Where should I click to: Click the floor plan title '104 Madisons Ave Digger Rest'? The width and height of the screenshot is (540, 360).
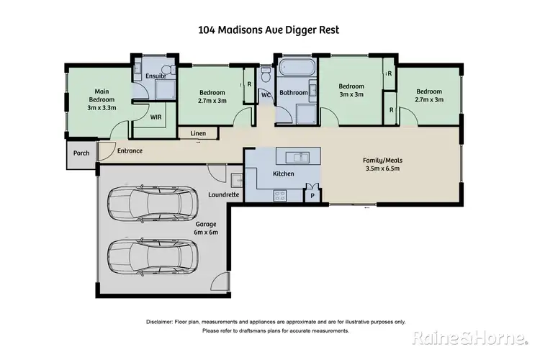268,30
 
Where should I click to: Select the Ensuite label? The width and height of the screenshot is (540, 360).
156,76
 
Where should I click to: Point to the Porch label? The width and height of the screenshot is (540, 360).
81,153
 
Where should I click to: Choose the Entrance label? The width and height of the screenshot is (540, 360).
130,150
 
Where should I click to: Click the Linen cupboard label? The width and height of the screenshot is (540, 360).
199,134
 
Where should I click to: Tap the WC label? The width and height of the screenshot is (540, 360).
266,94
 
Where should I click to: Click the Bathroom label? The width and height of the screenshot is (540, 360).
294,92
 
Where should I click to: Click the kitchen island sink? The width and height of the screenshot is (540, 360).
297,156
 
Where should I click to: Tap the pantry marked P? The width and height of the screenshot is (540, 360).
312,195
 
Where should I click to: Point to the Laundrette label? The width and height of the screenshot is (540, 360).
224,194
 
